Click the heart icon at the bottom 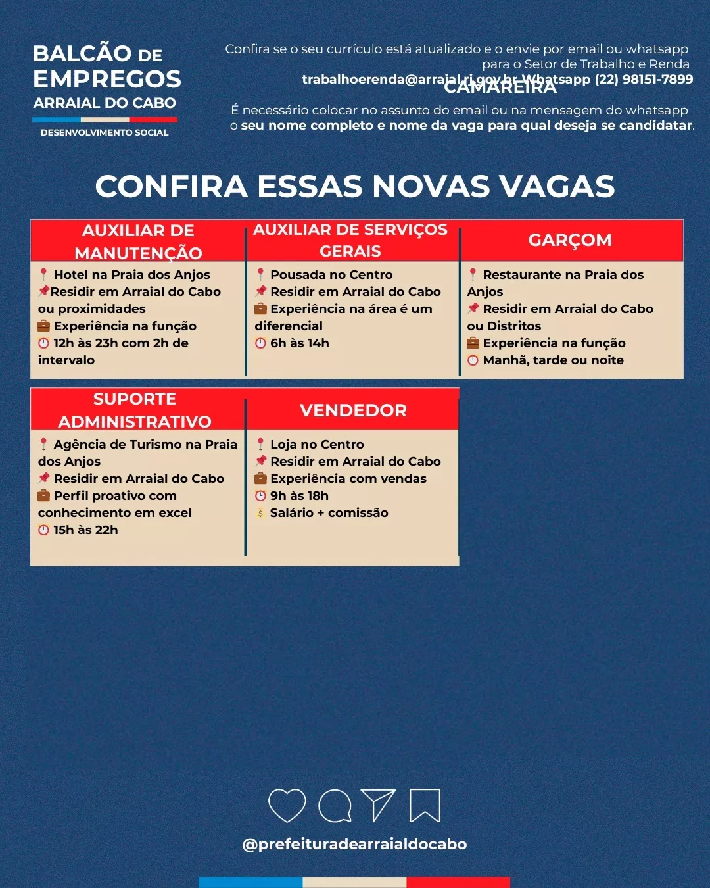click(287, 805)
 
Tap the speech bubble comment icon click(335, 805)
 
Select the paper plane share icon click(378, 805)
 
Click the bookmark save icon click(425, 805)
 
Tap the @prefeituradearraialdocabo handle click(354, 844)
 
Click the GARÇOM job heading click(570, 240)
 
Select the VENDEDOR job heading click(353, 410)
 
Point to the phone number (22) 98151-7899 click(644, 80)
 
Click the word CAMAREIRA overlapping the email click(500, 87)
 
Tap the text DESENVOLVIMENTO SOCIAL click(105, 132)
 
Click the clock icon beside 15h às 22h click(44, 530)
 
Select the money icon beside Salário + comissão click(260, 513)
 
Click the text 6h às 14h click(300, 343)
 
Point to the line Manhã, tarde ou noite click(553, 360)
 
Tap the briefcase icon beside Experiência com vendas click(260, 479)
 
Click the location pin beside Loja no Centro click(260, 445)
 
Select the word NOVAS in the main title click(431, 187)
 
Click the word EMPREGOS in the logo click(107, 79)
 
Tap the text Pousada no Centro click(331, 275)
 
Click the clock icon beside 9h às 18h click(260, 496)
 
